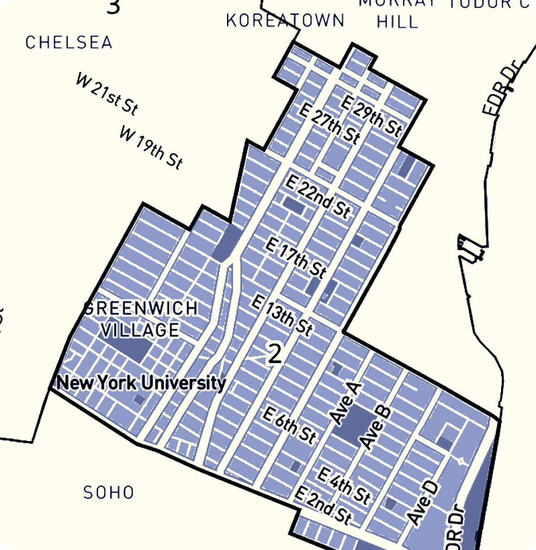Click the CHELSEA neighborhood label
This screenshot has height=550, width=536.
69,43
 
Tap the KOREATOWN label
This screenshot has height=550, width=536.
285,21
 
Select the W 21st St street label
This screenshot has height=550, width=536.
107,94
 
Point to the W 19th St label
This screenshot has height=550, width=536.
151,147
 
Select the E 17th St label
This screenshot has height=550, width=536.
296,257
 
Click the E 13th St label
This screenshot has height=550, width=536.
282,315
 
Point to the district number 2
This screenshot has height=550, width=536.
274,354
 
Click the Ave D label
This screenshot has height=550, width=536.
423,503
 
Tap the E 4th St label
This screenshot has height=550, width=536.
344,485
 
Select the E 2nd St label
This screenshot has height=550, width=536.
323,505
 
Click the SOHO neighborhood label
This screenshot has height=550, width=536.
109,493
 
